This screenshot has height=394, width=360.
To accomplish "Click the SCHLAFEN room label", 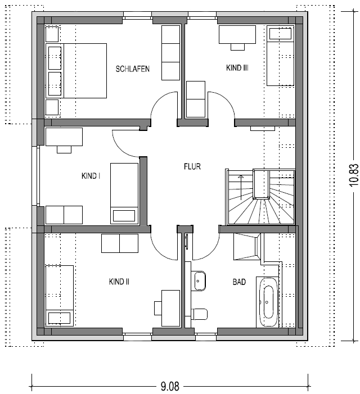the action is click(x=133, y=69).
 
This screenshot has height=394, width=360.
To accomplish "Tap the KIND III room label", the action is click(x=237, y=68).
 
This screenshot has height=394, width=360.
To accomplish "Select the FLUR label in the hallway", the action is click(x=192, y=166).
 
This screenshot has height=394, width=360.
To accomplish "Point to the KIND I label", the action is click(x=91, y=175).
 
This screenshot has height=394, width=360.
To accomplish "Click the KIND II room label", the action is click(x=119, y=282).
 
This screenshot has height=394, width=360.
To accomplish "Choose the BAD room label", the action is click(x=239, y=282).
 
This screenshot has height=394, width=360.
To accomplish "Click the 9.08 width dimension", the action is click(x=170, y=386).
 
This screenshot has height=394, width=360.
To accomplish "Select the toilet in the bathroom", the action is click(x=199, y=314).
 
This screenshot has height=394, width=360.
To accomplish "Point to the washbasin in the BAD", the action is click(x=199, y=281).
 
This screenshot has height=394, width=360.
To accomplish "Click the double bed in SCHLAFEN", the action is click(x=76, y=71).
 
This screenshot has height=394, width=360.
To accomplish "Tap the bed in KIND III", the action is click(x=281, y=56).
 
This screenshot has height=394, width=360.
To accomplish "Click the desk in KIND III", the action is click(x=237, y=35).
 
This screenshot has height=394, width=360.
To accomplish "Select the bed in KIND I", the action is click(x=124, y=193).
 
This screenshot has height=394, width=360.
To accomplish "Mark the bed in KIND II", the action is click(x=59, y=296).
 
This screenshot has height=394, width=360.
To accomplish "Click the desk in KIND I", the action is click(x=64, y=137).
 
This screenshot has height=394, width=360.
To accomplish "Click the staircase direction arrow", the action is click(x=241, y=188).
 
